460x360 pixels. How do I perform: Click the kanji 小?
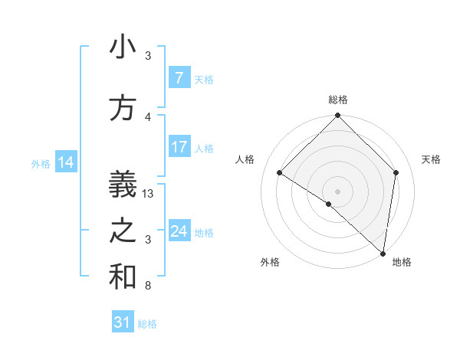123,47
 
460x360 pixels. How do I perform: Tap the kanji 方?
123,108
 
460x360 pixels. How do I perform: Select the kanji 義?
123,185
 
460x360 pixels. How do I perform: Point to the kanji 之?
123,231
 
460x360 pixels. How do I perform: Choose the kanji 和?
123,277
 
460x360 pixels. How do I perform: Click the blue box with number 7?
179,78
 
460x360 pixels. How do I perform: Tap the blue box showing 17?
179,147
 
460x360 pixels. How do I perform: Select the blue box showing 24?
179,231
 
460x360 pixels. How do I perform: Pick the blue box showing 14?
66,162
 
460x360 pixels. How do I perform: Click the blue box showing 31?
123,323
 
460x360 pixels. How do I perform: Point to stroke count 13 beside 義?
149,194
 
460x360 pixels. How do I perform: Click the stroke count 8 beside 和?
148,286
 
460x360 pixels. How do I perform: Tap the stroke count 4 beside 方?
148,116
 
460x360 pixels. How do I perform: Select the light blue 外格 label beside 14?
41,163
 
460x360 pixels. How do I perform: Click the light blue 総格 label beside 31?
147,324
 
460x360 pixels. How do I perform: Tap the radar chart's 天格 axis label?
431,159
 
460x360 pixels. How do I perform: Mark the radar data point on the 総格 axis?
337,116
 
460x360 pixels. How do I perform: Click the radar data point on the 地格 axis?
383,254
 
